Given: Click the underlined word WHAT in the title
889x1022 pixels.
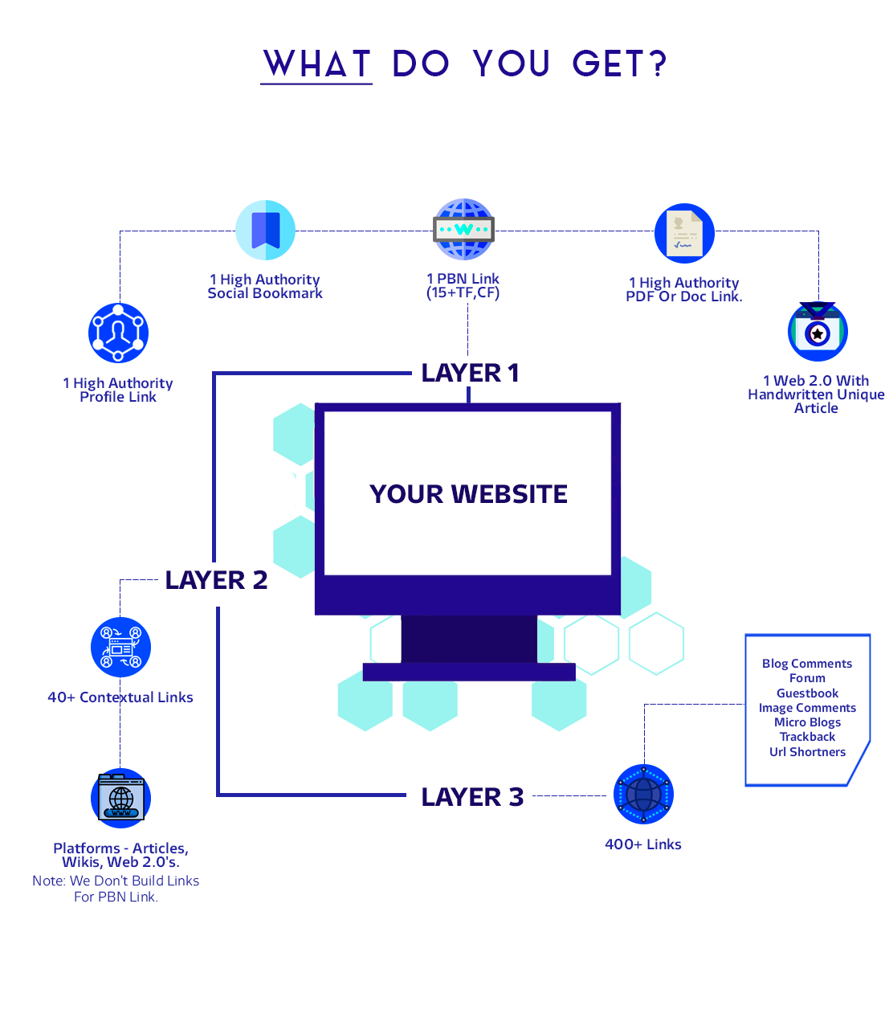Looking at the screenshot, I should pos(317,63).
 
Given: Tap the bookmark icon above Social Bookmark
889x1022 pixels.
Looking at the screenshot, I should pos(266,230).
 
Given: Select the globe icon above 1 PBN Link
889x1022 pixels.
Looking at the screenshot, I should pos(463,229).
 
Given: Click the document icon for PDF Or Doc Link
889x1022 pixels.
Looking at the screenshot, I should pos(684,233).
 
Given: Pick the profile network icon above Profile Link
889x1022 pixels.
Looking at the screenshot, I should pos(119,333).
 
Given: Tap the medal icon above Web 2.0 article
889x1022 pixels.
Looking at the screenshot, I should pos(818,331).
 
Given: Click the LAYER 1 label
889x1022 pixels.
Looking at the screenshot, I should pos(470,373).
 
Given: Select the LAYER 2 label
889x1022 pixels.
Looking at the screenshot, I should pos(216,580).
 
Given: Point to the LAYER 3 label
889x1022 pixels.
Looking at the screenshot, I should pos(472,797).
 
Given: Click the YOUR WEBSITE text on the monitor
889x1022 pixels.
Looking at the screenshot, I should pos(468,494).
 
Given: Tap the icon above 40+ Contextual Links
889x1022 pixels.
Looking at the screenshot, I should pos(120,648).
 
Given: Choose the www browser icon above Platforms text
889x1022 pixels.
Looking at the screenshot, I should pos(120,799).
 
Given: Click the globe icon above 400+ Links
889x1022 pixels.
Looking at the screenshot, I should pos(643,795).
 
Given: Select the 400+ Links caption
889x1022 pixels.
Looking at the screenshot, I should pos(642,844).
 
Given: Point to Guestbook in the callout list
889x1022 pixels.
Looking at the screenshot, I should pos(807,693).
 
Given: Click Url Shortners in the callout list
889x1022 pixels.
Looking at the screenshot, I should pos(807,752).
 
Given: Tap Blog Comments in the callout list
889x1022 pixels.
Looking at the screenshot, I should pos(807,664).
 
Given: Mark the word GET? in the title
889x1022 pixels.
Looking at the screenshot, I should pos(619,63).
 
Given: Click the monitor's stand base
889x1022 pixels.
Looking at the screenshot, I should pos(469,672).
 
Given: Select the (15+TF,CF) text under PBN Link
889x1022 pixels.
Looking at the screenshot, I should pos(463,292).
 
